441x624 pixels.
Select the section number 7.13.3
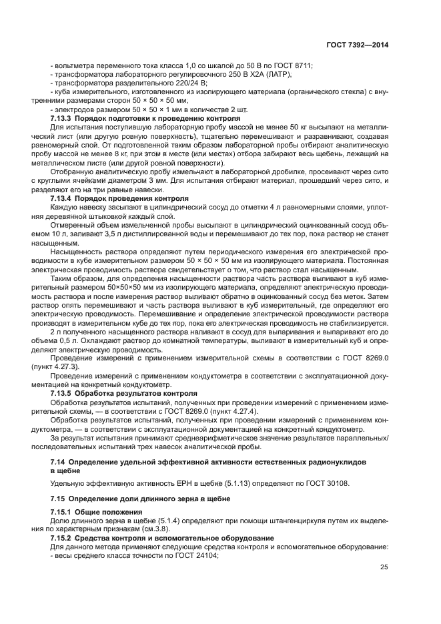pos(64,117)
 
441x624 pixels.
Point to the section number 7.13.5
pos(64,394)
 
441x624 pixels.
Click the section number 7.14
pos(59,461)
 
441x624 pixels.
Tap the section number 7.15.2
pos(64,537)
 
